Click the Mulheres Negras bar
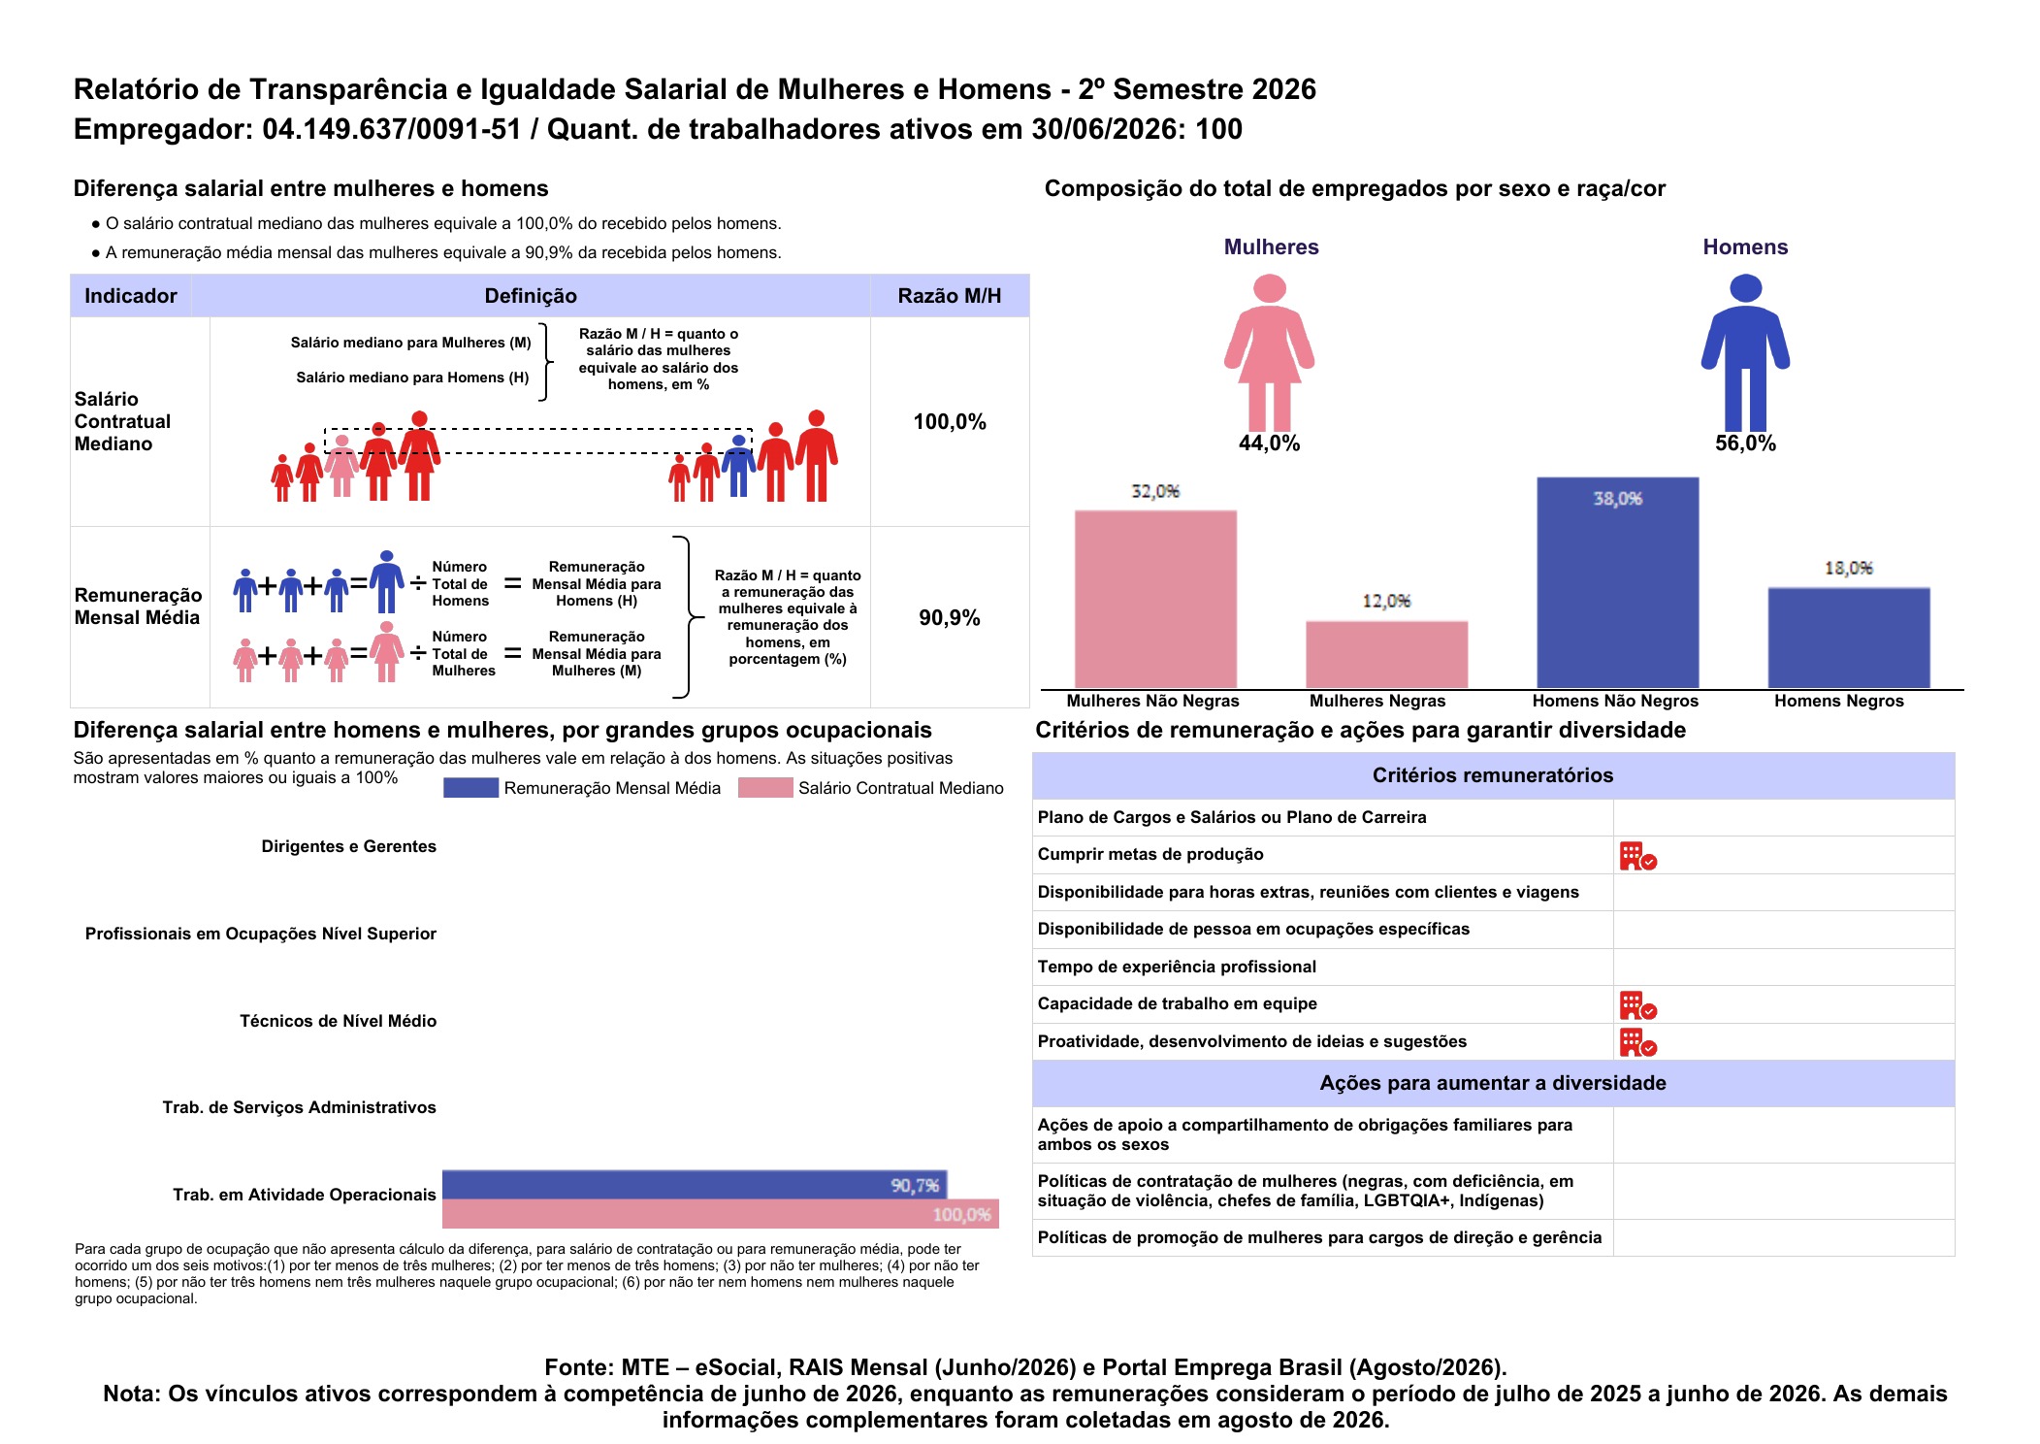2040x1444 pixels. (x=1386, y=655)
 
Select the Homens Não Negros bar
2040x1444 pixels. (x=1617, y=582)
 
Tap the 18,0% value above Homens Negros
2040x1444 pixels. (x=1848, y=568)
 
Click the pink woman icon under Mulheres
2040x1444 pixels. (x=1269, y=352)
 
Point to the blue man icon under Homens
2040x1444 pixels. (x=1745, y=352)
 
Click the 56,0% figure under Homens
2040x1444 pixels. (x=1745, y=443)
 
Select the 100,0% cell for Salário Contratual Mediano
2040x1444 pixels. (x=950, y=422)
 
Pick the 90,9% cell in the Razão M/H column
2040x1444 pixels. (x=950, y=618)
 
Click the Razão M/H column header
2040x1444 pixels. (x=950, y=296)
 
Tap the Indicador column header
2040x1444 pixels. (x=131, y=296)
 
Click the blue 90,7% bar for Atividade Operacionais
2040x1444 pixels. (x=695, y=1185)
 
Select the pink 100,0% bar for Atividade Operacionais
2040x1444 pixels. (x=721, y=1214)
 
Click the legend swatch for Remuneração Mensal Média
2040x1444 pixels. (x=470, y=788)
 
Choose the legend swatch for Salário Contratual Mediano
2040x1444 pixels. (x=765, y=788)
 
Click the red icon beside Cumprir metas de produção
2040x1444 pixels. (x=1637, y=856)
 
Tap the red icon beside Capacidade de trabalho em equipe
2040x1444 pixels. (x=1637, y=1005)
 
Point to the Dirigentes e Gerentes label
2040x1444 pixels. (x=349, y=846)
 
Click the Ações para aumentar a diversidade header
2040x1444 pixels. (x=1493, y=1083)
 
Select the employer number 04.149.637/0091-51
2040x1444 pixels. (x=392, y=129)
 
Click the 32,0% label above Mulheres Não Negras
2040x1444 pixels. (x=1155, y=491)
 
